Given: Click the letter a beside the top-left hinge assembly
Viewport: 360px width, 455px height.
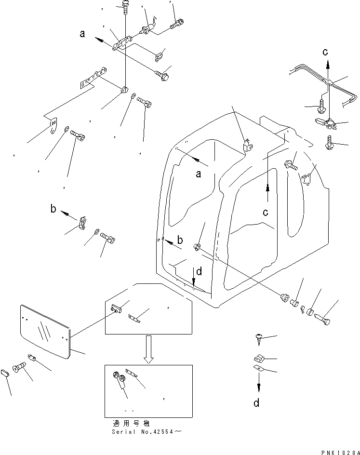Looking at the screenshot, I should (82, 34).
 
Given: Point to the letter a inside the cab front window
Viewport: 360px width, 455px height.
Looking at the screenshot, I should (198, 174).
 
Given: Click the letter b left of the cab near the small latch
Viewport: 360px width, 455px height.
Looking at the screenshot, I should (54, 209).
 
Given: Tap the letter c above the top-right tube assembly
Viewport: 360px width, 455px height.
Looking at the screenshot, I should (326, 52).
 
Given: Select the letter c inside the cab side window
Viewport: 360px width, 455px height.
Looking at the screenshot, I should (266, 212).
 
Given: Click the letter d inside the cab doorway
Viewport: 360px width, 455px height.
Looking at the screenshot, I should (199, 272).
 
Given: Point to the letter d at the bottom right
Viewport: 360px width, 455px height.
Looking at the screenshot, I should (256, 403).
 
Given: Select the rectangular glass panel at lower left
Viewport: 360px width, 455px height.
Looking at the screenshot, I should (45, 331).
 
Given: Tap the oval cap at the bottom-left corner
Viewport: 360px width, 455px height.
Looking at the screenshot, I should (6, 373).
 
